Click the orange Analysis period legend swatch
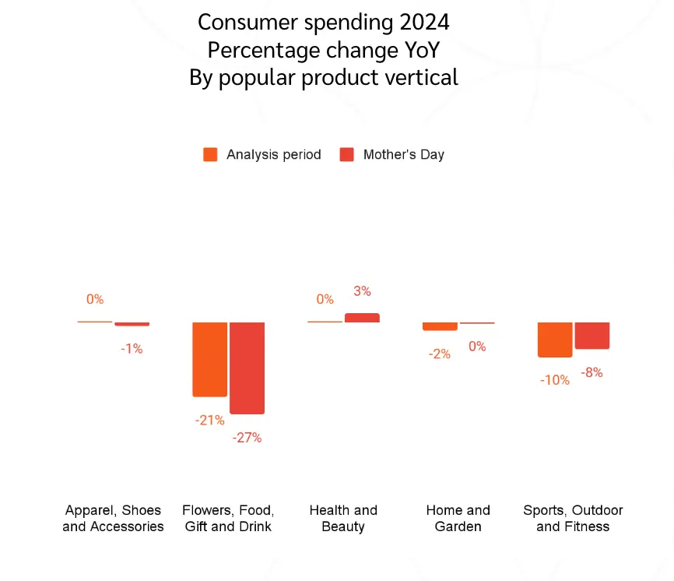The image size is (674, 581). point(210,154)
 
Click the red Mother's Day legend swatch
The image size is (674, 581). point(347,154)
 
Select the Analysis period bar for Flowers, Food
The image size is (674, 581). point(209,359)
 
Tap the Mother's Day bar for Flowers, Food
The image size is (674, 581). point(247,368)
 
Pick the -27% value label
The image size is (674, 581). point(247,438)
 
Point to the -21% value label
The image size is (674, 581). point(209,421)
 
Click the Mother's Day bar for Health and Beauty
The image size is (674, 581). point(362,318)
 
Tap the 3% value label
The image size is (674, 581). point(362,291)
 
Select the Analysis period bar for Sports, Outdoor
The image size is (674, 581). point(555,340)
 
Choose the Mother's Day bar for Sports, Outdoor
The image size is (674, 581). point(592,336)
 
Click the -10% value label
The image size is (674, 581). point(555,381)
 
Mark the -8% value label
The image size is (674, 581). point(592,373)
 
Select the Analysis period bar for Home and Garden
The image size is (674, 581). point(440,326)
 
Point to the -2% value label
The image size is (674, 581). point(440,354)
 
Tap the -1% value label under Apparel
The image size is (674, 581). point(132,349)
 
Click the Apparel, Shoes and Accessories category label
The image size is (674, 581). point(113,519)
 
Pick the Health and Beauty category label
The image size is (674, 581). point(343,519)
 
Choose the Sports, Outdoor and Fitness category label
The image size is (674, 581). point(573,519)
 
